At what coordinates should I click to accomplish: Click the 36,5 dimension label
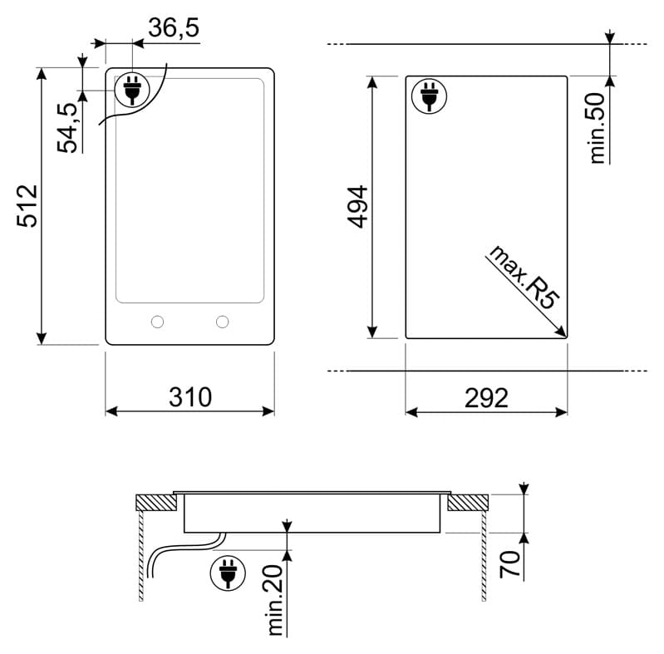[174, 28]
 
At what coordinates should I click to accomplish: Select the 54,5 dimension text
[68, 127]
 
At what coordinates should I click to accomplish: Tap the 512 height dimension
[28, 206]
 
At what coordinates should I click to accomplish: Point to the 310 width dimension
[190, 397]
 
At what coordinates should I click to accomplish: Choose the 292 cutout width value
[486, 398]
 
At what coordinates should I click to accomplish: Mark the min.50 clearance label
[597, 128]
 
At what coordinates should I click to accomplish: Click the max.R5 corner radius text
[524, 277]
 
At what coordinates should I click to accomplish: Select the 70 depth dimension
[509, 564]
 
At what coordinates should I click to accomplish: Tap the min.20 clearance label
[275, 600]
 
